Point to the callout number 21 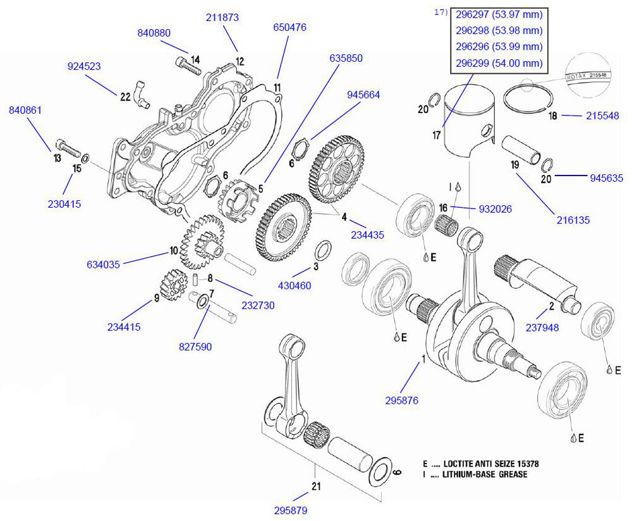click(317, 486)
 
